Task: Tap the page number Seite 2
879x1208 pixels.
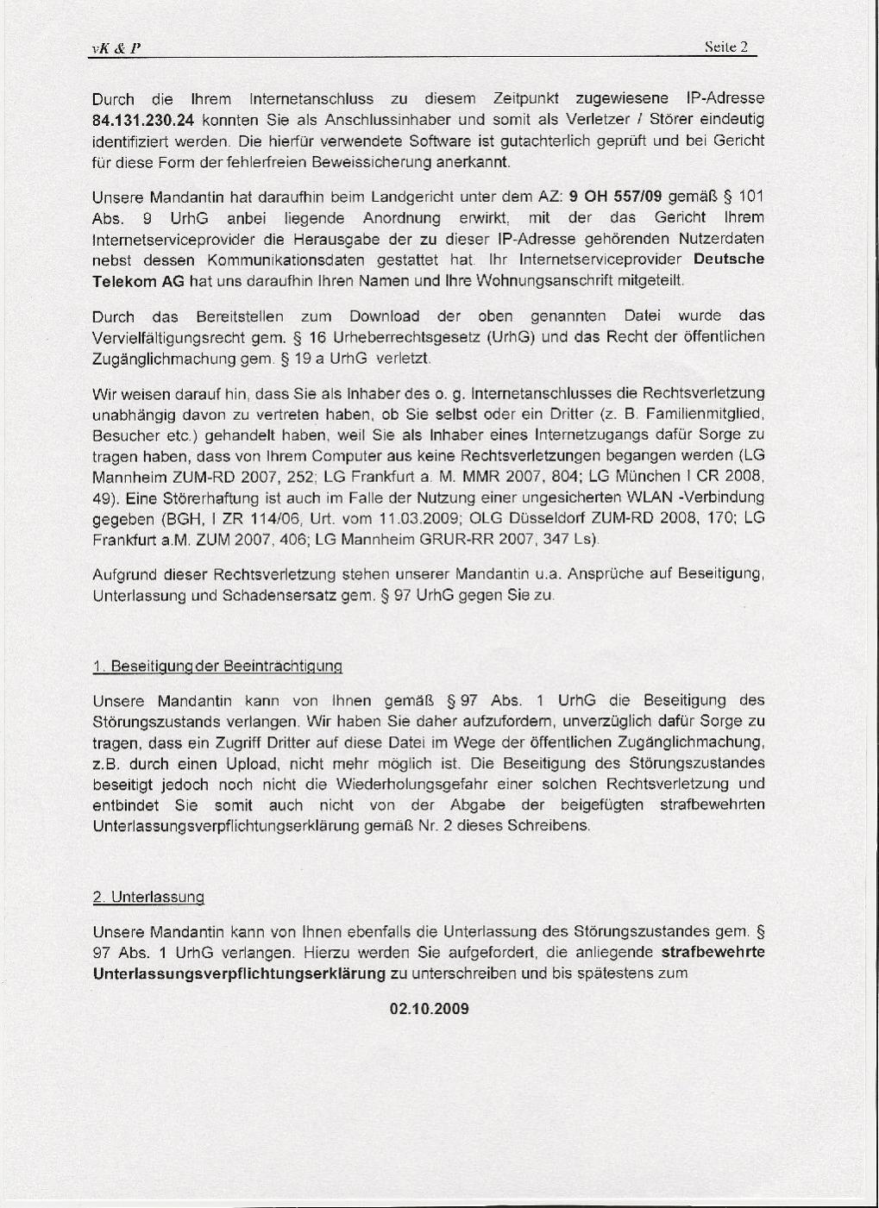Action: [x=725, y=47]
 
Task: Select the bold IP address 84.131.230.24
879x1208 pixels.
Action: [x=144, y=120]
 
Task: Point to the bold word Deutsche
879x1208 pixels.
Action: [x=729, y=260]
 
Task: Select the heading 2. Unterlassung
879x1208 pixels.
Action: [x=148, y=897]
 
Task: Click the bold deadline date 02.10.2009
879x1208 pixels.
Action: [x=430, y=1009]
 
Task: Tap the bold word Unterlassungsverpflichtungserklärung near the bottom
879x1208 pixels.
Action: [x=239, y=974]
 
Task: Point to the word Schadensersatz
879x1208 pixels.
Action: [x=286, y=596]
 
